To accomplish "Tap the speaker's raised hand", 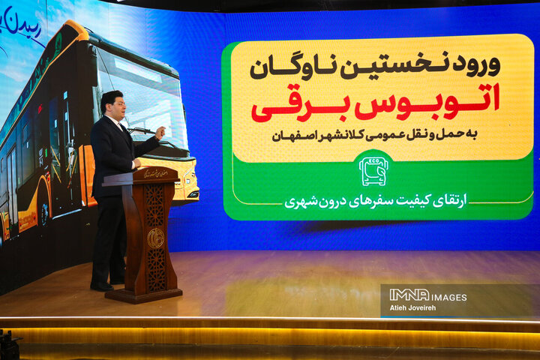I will (x=160, y=133).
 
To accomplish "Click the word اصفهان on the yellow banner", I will (x=276, y=137).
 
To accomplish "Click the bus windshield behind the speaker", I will (x=146, y=97).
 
